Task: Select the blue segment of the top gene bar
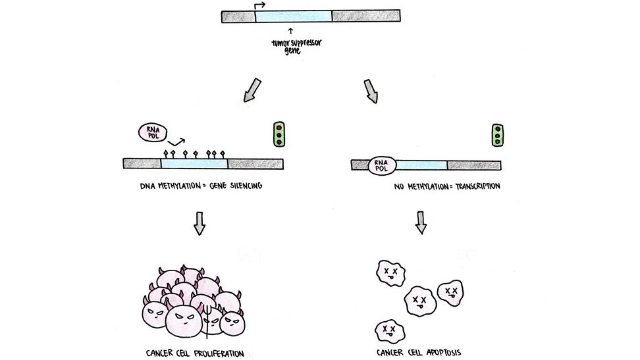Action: pos(293,16)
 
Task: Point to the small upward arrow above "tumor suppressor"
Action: pos(290,30)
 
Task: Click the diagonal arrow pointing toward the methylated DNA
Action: pos(252,91)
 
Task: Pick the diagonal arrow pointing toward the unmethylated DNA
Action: pos(371,91)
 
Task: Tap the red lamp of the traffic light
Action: pos(279,128)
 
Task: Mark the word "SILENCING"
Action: pos(243,186)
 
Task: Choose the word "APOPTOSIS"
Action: pos(439,353)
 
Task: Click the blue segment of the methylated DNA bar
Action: pos(194,163)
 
